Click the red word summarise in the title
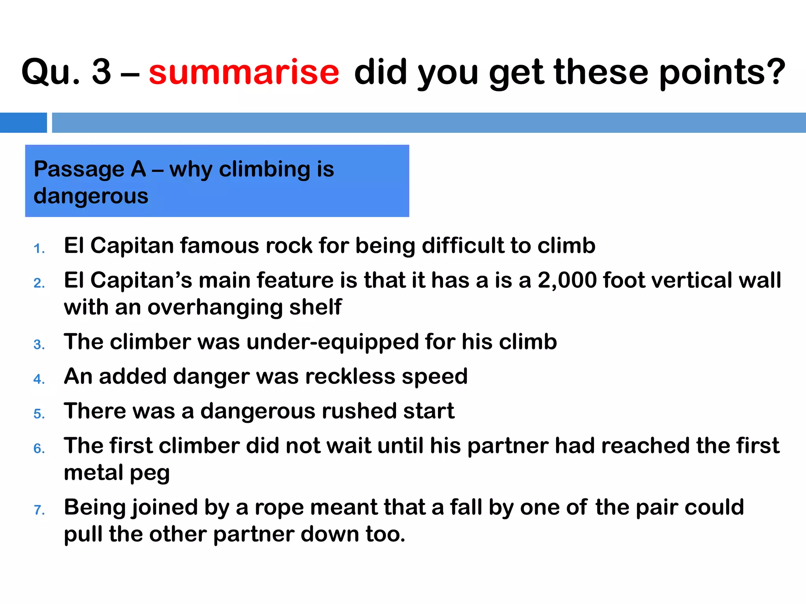pos(244,72)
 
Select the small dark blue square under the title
pos(23,123)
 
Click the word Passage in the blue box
pos(79,169)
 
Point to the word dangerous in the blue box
pos(91,196)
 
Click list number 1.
pos(39,249)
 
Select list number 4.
pos(39,379)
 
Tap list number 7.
pos(39,510)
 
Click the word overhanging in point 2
pos(215,307)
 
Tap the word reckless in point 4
pos(350,376)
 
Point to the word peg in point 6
pos(150,473)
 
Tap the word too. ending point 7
pos(385,534)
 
